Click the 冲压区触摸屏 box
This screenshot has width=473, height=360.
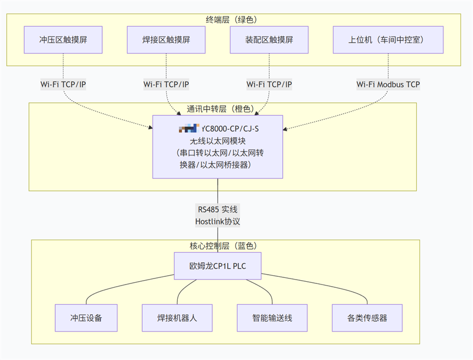pos(63,40)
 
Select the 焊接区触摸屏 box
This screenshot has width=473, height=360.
pos(166,40)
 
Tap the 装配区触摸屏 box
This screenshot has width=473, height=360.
pos(269,40)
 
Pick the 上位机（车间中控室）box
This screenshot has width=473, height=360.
pos(388,40)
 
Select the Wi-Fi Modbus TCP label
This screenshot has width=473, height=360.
pos(388,84)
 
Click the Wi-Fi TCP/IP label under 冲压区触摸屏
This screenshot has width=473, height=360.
pos(63,84)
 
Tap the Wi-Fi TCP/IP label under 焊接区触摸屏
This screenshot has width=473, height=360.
pos(166,84)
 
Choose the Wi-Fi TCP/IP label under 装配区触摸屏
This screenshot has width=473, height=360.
pos(269,84)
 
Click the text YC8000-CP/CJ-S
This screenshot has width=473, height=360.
pos(230,129)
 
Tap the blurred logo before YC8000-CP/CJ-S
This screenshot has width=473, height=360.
pos(189,129)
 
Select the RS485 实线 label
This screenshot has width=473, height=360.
pos(218,209)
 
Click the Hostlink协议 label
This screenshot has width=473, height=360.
pos(218,222)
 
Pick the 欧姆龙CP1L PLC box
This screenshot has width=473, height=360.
pos(218,266)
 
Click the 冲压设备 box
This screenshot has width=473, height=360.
pos(86,318)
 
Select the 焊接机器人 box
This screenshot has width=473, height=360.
pos(177,318)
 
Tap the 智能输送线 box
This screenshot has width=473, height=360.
pos(272,318)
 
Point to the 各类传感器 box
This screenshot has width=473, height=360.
pos(367,318)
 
